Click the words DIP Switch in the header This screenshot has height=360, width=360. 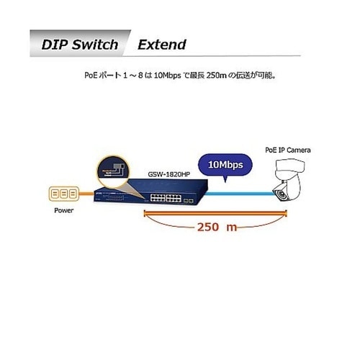[80, 45]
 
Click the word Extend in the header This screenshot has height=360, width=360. [162, 45]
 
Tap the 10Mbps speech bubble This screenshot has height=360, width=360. [225, 165]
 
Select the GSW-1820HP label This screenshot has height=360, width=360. [169, 174]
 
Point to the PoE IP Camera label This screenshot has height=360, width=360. [288, 150]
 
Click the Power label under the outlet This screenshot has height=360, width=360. [63, 210]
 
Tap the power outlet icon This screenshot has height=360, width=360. [63, 194]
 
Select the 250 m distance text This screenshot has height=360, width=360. [217, 227]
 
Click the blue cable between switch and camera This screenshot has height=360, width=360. [240, 194]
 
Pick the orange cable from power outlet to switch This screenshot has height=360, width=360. [86, 194]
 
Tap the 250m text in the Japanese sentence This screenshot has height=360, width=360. [216, 76]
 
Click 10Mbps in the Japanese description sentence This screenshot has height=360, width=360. [167, 76]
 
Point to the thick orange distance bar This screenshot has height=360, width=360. [215, 213]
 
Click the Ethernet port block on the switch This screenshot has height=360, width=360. [166, 198]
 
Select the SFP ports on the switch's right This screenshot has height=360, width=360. [188, 201]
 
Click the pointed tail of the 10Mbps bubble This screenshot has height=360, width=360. [225, 179]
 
